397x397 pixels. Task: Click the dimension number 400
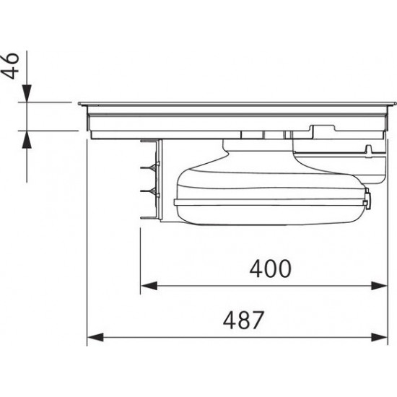point(271,269)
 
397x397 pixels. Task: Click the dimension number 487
point(243,320)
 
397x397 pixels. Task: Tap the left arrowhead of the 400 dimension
point(149,286)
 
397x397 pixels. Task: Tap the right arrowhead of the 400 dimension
point(379,286)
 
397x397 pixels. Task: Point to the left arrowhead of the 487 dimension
point(95,337)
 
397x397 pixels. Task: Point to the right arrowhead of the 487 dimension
point(379,337)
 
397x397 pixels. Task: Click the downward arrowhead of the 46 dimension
point(27,93)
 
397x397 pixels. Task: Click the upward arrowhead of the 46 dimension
point(27,139)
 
